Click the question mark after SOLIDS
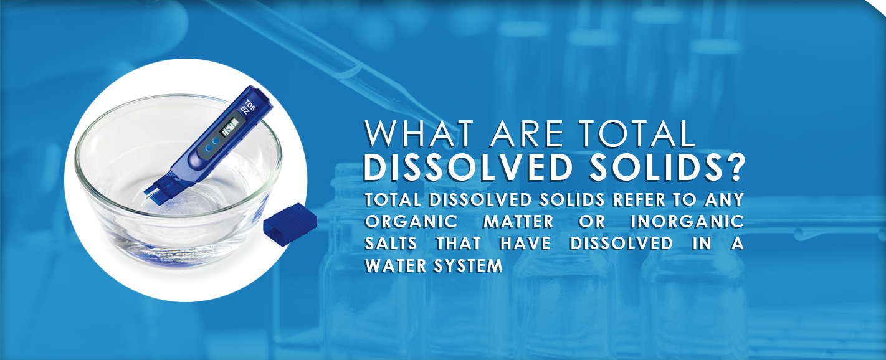[x=735, y=168]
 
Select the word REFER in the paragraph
[x=639, y=200]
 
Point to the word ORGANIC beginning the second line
[x=411, y=222]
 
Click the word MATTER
[x=518, y=222]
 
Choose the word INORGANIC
[x=687, y=222]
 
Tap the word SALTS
[x=391, y=244]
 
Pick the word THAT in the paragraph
[x=459, y=244]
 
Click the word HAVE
[x=525, y=244]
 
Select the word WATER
[x=396, y=265]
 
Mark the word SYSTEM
[x=468, y=265]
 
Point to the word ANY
[x=724, y=200]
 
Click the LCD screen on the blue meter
[x=230, y=126]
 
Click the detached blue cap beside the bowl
[x=290, y=224]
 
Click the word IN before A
[x=702, y=244]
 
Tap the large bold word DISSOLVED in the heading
[x=468, y=168]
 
